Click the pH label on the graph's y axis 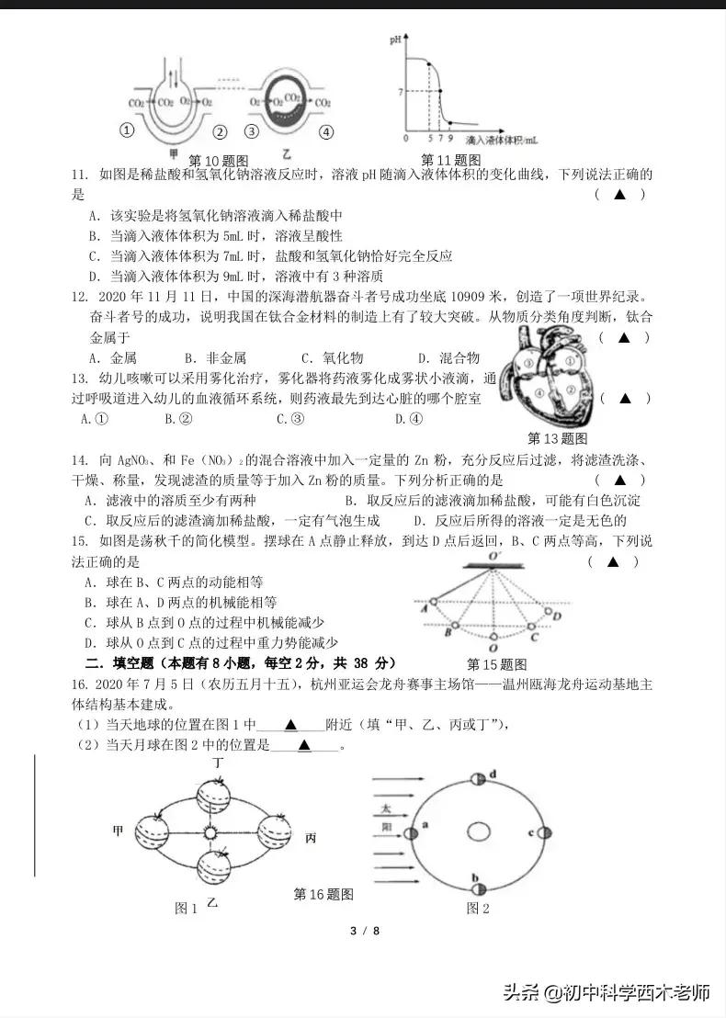point(395,40)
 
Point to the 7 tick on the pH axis point(401,92)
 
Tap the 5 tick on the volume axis point(429,138)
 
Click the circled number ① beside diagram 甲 point(128,130)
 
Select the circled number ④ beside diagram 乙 point(325,131)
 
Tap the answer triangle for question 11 point(619,194)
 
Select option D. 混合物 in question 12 point(448,358)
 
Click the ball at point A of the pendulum point(434,602)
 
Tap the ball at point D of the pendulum point(548,613)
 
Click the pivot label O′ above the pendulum point(493,557)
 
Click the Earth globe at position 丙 point(274,831)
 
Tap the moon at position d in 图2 point(478,779)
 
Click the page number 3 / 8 point(364,931)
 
